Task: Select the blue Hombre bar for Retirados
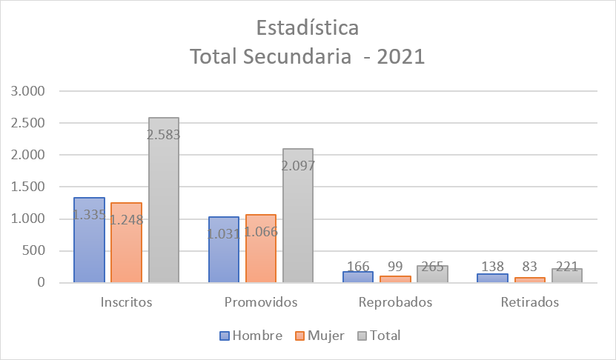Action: point(492,279)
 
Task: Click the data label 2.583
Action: point(164,135)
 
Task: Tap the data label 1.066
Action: point(260,232)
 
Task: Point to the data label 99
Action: point(395,267)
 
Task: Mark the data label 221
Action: point(567,267)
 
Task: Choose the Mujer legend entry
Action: point(319,336)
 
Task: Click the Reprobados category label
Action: point(395,303)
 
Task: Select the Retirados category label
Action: point(529,303)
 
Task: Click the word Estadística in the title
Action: point(308,28)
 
